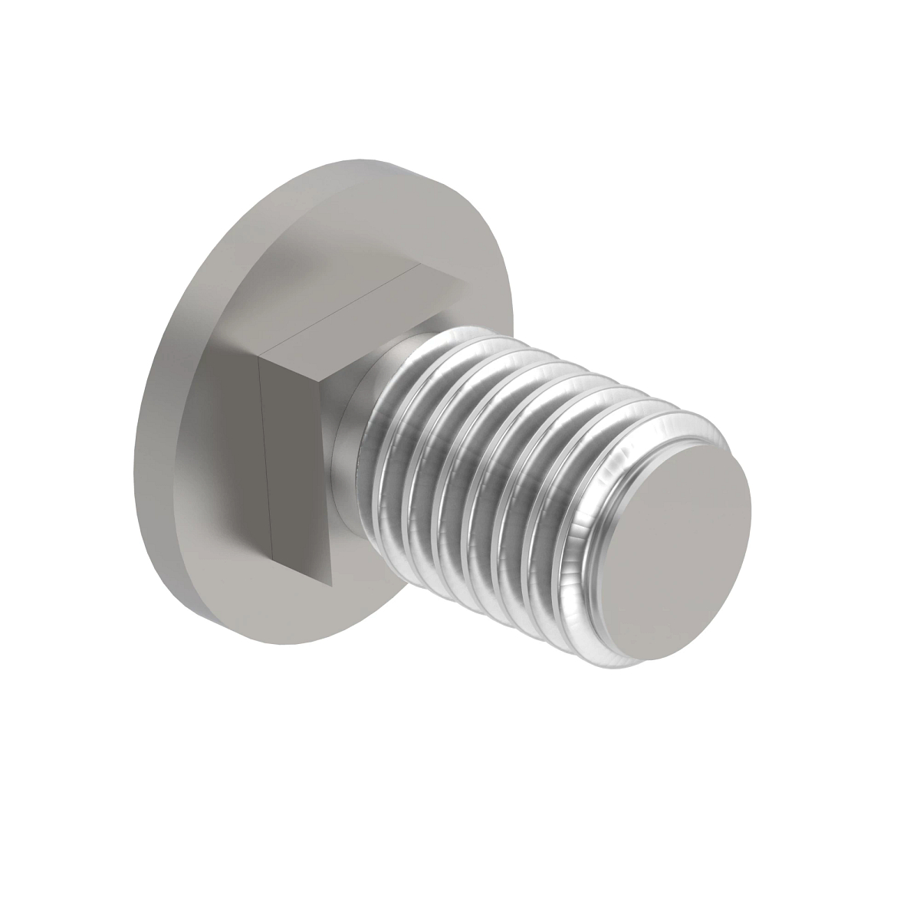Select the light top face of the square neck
coord(360,307)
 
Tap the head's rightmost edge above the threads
coord(505,307)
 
